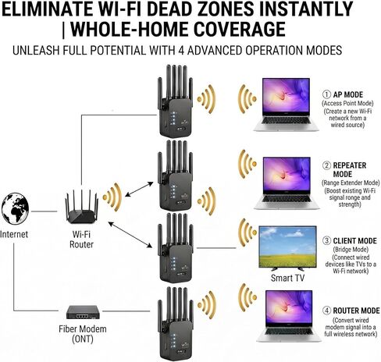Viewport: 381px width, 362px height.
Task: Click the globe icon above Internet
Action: click(15, 208)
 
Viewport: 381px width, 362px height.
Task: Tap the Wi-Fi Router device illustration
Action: click(82, 207)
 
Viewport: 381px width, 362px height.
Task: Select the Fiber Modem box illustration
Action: click(83, 312)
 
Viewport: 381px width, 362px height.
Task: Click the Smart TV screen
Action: click(287, 247)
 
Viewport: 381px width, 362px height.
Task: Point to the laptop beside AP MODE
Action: click(287, 105)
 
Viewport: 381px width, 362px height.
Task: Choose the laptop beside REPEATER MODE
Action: click(287, 183)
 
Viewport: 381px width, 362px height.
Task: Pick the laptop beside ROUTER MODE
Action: click(289, 316)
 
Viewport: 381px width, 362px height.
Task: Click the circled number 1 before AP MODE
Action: click(326, 94)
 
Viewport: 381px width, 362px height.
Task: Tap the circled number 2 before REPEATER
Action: click(326, 165)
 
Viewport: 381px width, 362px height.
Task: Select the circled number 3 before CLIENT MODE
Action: click(326, 240)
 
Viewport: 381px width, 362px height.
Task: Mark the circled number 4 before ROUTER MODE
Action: click(326, 311)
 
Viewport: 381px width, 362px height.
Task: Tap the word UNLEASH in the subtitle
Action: click(36, 50)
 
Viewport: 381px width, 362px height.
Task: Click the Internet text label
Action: click(14, 234)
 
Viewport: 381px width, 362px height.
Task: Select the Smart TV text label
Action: click(287, 278)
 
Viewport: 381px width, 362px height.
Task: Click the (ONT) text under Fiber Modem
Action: click(83, 339)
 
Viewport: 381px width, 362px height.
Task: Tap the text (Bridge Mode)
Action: click(351, 250)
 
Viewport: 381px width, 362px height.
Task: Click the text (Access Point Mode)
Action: click(347, 103)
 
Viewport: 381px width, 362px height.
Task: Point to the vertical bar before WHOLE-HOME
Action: click(64, 30)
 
